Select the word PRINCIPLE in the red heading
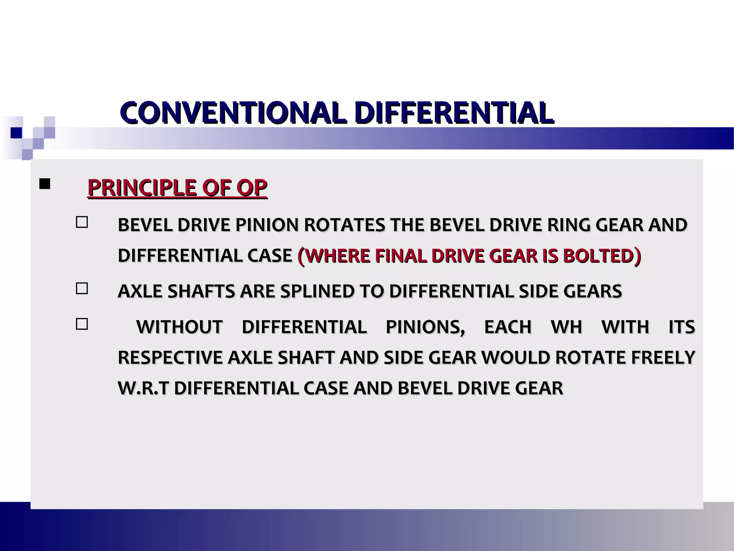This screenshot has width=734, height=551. coord(142,187)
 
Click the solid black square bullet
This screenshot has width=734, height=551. coord(45,184)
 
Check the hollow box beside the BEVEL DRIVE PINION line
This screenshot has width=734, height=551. coord(82,222)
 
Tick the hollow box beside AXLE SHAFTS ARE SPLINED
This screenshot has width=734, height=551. coord(82,288)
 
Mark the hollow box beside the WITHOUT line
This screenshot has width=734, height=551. coord(82,324)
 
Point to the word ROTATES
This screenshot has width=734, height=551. coord(344,225)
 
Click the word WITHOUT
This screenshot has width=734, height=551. coord(179,327)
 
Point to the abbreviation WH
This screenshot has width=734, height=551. coord(566,327)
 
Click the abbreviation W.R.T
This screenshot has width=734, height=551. coord(143,388)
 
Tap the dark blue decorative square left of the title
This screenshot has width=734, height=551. coord(16,133)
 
